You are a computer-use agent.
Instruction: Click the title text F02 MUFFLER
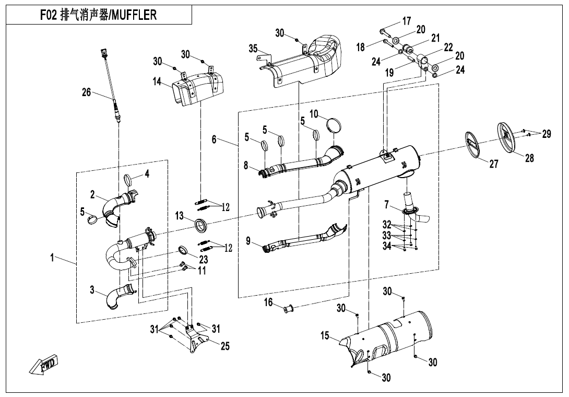click(x=98, y=15)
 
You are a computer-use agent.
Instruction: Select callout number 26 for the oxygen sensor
click(x=86, y=93)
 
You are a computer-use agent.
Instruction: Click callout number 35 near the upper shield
click(x=253, y=49)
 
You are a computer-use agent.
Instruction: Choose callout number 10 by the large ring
click(x=314, y=114)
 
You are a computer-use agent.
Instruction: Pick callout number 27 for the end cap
click(x=494, y=164)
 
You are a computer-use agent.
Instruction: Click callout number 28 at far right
click(x=529, y=158)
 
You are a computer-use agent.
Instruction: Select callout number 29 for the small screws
click(x=546, y=134)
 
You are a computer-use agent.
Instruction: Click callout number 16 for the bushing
click(x=268, y=302)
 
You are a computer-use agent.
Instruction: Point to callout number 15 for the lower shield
click(x=325, y=336)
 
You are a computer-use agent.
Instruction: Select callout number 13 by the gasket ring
click(x=179, y=216)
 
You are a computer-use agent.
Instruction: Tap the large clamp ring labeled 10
click(x=334, y=126)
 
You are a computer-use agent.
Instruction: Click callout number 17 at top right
click(x=407, y=21)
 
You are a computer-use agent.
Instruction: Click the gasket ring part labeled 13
click(x=201, y=226)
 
